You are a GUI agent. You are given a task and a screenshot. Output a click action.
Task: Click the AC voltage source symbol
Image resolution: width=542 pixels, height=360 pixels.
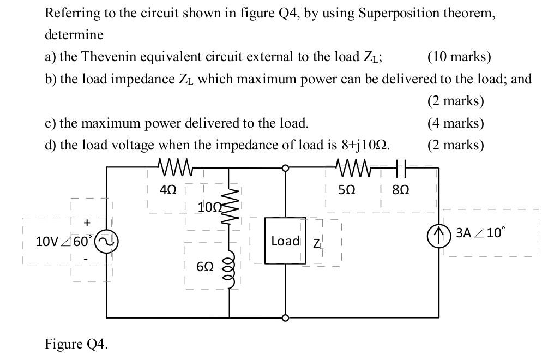coord(105,241)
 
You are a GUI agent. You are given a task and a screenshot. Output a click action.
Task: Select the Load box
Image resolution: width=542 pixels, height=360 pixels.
coord(285,241)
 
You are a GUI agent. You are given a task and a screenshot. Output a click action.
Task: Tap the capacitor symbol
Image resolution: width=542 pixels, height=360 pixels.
coord(401,167)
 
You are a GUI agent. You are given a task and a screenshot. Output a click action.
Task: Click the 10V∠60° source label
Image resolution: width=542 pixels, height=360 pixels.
coord(64,241)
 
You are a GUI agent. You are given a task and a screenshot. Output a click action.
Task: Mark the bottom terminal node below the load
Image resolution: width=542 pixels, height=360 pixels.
coord(285,317)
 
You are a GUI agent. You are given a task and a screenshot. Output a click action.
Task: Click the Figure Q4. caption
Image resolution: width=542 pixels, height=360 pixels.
coord(76,344)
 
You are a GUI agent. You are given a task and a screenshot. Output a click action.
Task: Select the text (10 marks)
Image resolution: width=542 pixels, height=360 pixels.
coord(459,57)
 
